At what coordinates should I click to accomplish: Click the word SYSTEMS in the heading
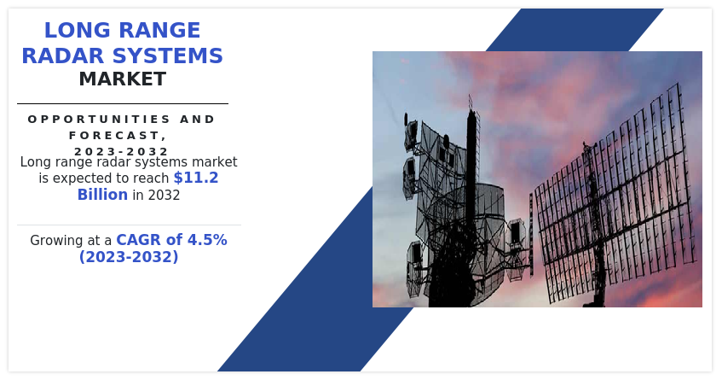tap(168, 56)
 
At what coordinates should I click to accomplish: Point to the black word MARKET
tap(123, 79)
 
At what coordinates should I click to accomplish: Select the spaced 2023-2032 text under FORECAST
tap(121, 151)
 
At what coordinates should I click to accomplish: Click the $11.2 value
tap(196, 178)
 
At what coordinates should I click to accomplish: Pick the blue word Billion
tap(102, 195)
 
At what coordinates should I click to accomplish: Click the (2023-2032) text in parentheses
tap(129, 256)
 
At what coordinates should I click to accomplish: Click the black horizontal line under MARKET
tap(123, 104)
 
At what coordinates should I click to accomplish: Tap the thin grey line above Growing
tap(129, 225)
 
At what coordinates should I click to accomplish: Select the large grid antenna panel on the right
tap(615, 194)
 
